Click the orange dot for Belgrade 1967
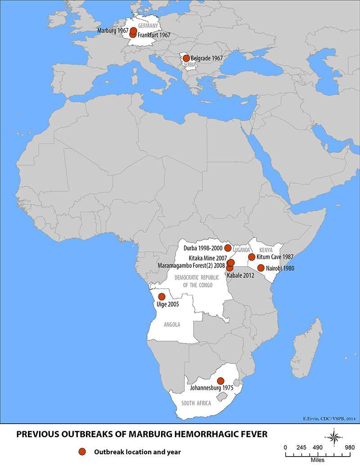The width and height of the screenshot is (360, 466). (186, 58)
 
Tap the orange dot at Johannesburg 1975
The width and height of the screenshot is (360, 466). (220, 381)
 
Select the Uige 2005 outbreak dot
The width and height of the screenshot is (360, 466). (162, 297)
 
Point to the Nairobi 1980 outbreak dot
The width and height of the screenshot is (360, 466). (261, 268)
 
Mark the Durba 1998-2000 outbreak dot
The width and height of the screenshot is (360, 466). (228, 248)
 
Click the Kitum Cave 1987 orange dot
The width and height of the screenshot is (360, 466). (252, 257)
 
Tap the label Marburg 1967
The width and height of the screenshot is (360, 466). (113, 31)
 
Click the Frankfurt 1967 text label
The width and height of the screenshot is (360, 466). (154, 35)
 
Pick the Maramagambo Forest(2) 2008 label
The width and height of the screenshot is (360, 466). (191, 266)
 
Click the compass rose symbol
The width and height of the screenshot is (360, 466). (333, 437)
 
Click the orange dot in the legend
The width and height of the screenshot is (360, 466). (81, 451)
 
